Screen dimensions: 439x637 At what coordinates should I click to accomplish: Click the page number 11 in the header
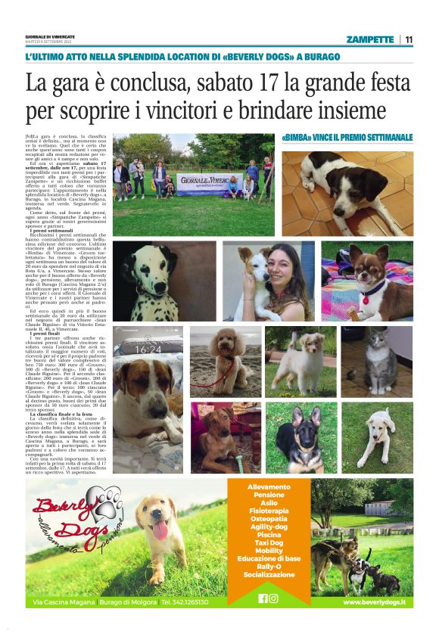(409, 39)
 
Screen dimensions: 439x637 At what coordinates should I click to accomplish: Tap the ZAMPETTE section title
(369, 39)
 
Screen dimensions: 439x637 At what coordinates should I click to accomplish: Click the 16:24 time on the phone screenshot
(148, 349)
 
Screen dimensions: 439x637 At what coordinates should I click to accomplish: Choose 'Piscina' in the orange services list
(263, 534)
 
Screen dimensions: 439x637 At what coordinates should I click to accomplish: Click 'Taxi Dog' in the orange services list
(263, 542)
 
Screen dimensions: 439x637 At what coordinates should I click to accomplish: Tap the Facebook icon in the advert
(263, 598)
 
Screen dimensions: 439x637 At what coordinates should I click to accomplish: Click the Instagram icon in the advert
(273, 598)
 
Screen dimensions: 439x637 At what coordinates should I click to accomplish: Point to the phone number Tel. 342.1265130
(184, 602)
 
